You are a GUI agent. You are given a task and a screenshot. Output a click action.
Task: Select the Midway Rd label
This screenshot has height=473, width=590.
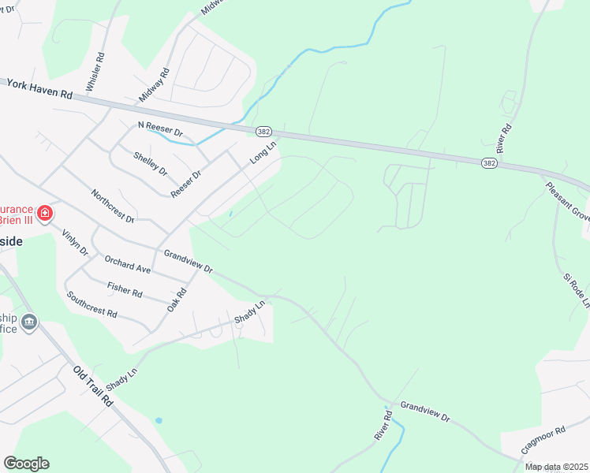pyautogui.click(x=155, y=84)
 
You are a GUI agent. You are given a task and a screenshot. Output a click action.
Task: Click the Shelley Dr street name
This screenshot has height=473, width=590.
pyautogui.click(x=151, y=163)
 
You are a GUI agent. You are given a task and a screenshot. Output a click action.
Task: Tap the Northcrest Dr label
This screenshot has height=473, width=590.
pyautogui.click(x=113, y=205)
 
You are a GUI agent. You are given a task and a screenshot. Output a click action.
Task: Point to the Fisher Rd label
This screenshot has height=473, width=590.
pyautogui.click(x=125, y=290)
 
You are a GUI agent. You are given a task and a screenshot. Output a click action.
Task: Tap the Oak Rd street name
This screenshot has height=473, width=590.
pyautogui.click(x=176, y=300)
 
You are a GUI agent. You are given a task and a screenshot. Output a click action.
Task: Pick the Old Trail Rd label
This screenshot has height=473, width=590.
pyautogui.click(x=93, y=385)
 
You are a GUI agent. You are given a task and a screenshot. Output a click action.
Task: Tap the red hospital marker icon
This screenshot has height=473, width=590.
pyautogui.click(x=45, y=213)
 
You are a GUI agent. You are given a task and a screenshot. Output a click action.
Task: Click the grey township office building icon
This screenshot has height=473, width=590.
pyautogui.click(x=29, y=322)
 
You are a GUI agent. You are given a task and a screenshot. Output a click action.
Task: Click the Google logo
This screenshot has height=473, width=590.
pyautogui.click(x=26, y=464)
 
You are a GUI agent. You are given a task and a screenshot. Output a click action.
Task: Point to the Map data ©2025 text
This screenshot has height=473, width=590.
pyautogui.click(x=556, y=467)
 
